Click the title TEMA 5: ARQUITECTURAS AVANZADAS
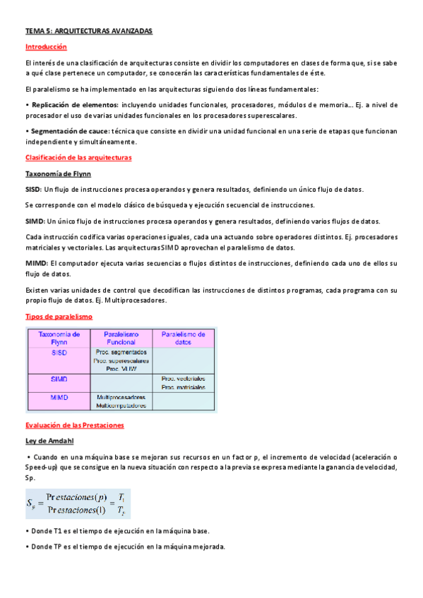pos(88,32)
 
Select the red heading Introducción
pos(46,47)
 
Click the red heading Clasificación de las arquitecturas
pos(78,157)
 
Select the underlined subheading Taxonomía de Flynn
pos(58,173)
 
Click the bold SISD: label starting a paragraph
pos(33,190)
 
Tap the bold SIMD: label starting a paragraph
pos(34,221)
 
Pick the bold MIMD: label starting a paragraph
pos(35,263)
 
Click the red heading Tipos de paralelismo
pos(59,317)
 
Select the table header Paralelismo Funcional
pos(121,337)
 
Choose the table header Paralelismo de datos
pos(183,337)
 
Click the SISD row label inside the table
pos(59,353)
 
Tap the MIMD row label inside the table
pos(59,398)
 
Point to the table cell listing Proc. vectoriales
pos(183,383)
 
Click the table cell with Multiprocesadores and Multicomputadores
pos(121,401)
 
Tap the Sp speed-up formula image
pos(78,504)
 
